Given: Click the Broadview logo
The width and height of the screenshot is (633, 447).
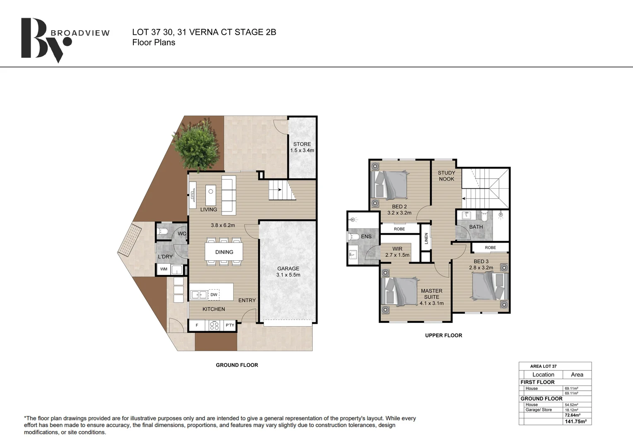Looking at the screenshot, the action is [65, 40].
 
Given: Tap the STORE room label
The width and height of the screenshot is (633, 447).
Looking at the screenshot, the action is [302, 144].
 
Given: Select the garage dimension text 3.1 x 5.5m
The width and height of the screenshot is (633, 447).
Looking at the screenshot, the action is [288, 275].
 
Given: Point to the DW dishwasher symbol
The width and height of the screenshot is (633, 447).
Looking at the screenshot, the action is [214, 295].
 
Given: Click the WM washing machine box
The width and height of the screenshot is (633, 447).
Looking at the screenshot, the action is [164, 269].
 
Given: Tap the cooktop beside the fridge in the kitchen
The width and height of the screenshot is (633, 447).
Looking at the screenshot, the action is [215, 325].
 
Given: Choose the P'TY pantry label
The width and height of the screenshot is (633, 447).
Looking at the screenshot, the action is [230, 325].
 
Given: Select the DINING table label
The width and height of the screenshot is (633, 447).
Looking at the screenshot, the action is [224, 252].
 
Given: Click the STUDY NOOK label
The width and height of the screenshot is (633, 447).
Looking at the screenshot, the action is [447, 175].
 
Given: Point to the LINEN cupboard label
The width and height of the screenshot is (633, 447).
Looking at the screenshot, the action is [426, 238].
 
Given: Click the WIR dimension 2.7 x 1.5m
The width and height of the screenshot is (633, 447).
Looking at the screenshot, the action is [397, 255].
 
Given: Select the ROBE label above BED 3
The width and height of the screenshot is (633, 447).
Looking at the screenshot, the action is [490, 248].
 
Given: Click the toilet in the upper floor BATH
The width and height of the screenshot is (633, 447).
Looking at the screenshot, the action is [484, 216].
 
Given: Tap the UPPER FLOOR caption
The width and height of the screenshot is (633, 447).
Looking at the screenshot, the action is [444, 336].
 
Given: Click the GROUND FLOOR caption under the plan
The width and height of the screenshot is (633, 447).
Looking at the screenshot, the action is [237, 365].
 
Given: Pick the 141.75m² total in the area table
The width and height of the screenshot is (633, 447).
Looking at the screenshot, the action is [576, 422].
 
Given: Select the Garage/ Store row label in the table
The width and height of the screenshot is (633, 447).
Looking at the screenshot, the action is [539, 410].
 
